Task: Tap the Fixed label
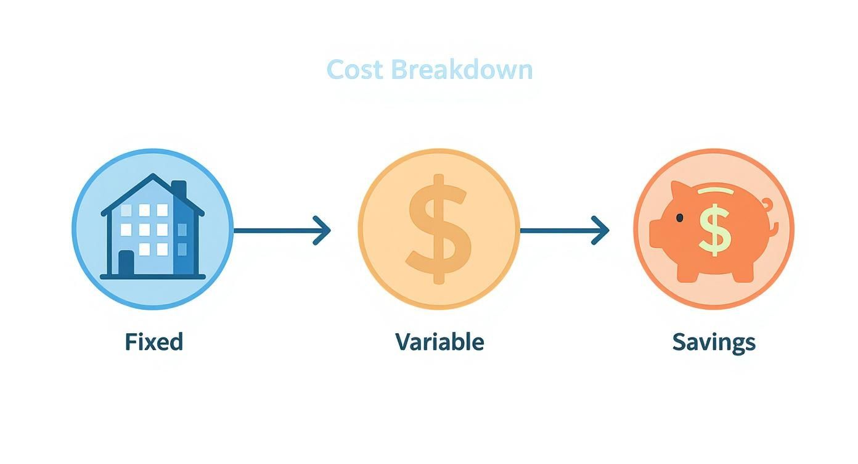pos(153,341)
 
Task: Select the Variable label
pos(439,341)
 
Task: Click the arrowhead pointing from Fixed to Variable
pos(323,230)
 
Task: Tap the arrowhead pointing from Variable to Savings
pos(602,230)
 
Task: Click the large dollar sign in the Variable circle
pos(438,229)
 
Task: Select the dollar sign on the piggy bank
pos(714,229)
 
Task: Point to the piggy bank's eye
pos(679,217)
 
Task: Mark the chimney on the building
pos(179,189)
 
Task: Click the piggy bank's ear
pos(679,190)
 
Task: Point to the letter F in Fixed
pos(131,341)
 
